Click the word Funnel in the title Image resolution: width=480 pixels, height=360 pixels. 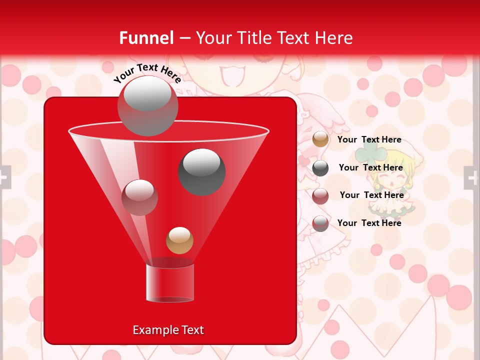[146, 38]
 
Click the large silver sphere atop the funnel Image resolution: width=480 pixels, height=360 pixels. [147, 105]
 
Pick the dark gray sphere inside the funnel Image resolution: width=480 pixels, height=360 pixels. [202, 171]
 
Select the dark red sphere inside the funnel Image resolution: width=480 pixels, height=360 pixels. [139, 197]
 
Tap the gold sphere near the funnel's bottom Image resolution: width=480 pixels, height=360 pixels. [179, 240]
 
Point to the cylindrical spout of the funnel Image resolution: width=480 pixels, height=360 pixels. [170, 283]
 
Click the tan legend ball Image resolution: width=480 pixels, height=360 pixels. [320, 139]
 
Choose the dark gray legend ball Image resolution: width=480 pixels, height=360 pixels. [320, 168]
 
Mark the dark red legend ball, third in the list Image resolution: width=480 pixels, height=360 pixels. [320, 195]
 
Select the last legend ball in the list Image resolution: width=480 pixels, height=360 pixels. [320, 223]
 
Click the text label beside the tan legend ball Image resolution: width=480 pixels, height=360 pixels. [369, 140]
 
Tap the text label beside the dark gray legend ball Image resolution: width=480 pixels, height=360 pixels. [370, 168]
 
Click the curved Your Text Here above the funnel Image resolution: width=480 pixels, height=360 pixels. [147, 73]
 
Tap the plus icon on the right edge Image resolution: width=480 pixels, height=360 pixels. [471, 177]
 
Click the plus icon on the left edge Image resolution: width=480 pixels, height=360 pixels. [4, 177]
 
